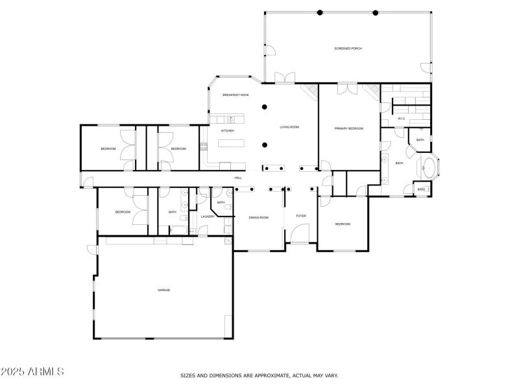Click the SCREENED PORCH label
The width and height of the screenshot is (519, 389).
point(348,49)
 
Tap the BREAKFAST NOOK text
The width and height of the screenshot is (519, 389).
point(235,95)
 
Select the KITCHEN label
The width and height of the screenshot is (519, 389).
point(227,131)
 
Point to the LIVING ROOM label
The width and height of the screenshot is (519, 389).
point(289,127)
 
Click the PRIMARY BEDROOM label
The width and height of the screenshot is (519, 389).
point(349,128)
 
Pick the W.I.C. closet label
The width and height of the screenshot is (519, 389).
point(402,119)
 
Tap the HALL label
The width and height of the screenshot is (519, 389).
point(238,178)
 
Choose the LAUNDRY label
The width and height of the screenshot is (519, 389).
point(208,217)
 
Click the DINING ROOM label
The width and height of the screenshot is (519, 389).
point(258,217)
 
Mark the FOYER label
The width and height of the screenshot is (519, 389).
point(301,216)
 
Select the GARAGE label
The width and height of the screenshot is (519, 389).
point(163,290)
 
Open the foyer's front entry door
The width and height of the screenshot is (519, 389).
point(300,233)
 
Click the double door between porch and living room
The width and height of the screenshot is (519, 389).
point(284,78)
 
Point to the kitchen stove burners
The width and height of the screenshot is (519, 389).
point(204,146)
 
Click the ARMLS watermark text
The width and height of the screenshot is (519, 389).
point(32,372)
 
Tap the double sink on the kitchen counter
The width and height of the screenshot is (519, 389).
point(230,119)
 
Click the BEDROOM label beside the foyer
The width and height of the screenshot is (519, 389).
point(343,224)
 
